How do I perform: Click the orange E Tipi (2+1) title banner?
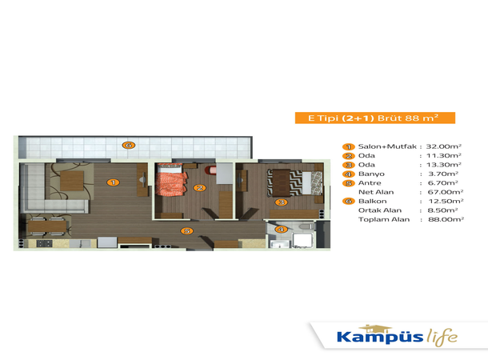point(375,118)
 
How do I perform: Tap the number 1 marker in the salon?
point(113,182)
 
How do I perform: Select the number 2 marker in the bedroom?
point(199,188)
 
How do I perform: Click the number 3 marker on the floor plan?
point(282,202)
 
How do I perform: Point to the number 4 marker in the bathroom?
point(281,230)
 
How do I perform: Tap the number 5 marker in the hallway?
point(186,231)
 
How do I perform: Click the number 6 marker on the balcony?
point(129,145)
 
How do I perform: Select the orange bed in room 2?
point(171,180)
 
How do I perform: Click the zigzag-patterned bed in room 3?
point(294,182)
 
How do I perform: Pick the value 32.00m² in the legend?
point(443,146)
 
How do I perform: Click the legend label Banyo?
point(371,174)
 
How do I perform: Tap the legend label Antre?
point(370,183)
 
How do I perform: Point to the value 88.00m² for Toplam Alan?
point(446,219)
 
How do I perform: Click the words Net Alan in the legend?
point(376,192)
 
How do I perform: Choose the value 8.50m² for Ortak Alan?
point(442,210)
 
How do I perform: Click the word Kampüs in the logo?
point(380,337)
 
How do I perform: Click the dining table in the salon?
point(47,226)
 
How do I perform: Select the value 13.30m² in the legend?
point(444,165)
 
